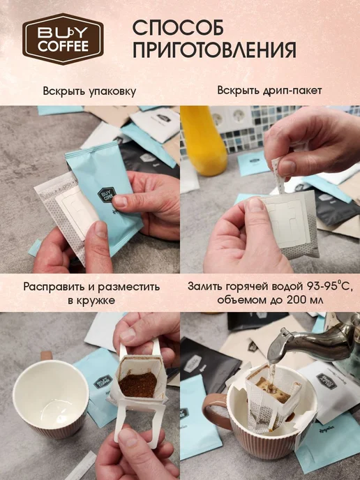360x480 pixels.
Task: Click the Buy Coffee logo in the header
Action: coord(63,38)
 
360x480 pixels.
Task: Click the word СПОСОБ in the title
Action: coord(178,27)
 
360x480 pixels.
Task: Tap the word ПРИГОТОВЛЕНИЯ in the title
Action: coord(214,50)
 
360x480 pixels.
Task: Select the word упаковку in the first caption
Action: coord(112,91)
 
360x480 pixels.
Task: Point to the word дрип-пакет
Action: coord(292,91)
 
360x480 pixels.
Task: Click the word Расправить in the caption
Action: coord(54,287)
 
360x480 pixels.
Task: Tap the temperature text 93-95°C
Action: coord(330,287)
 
